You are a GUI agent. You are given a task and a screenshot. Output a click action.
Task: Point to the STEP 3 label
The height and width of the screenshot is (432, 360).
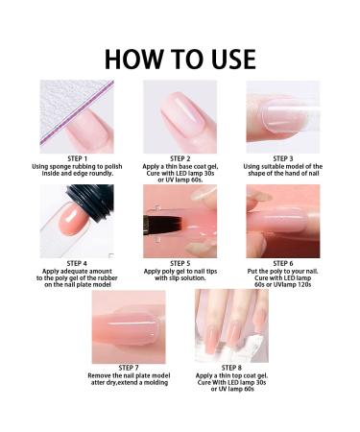[x=283, y=158]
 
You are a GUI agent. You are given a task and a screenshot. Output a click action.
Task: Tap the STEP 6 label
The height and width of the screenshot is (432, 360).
[x=283, y=261]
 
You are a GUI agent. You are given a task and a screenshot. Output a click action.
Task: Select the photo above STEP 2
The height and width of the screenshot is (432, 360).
[x=180, y=115]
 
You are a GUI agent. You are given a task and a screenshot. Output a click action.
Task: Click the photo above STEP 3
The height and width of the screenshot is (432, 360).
[x=283, y=115]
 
